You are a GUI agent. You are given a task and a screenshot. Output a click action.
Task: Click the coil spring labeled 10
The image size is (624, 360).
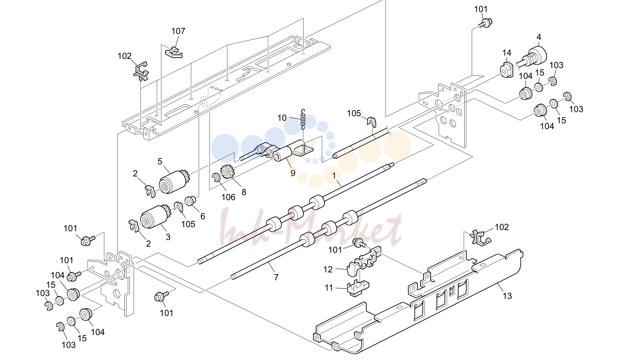tap(304, 119)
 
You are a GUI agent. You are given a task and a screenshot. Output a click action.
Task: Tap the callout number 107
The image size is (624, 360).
tap(178, 31)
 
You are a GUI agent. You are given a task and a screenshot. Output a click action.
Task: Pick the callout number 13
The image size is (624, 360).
tap(507, 296)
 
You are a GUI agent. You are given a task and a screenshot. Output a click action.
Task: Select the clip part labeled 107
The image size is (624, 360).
tap(173, 52)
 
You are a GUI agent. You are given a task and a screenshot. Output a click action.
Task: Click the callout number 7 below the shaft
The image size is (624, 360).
tap(276, 277)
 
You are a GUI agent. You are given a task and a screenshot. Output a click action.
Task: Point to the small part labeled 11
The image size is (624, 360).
tap(358, 288)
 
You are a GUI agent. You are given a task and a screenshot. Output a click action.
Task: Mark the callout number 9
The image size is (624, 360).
tap(293, 173)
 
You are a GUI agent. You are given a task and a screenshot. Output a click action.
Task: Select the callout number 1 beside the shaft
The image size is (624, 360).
tap(334, 175)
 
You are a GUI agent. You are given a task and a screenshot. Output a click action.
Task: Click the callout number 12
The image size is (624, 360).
tap(328, 269)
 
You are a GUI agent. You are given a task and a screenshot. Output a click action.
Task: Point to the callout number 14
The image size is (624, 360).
tap(507, 53)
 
